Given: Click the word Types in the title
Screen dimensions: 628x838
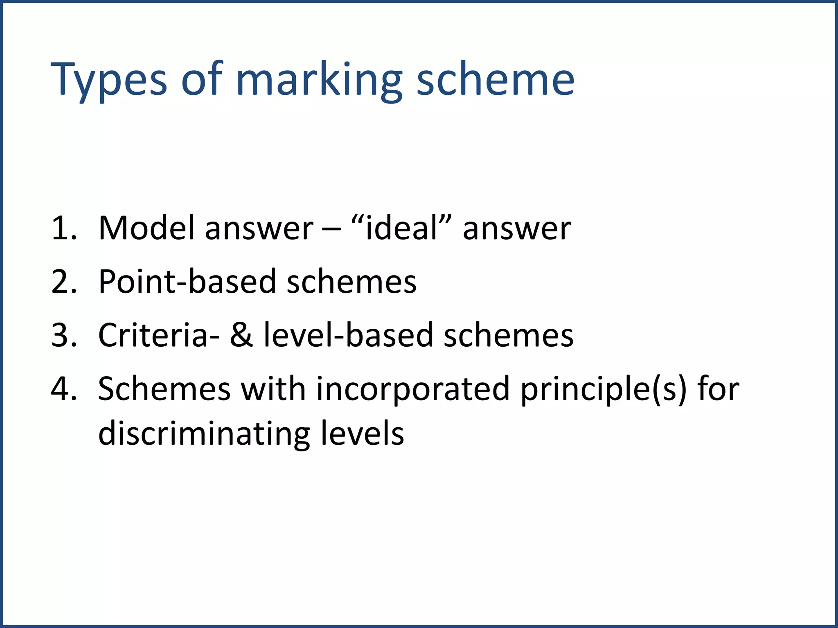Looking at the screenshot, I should [108, 80].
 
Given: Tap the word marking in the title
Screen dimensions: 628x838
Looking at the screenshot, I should [319, 80].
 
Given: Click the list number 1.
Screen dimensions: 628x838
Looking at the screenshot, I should [63, 228].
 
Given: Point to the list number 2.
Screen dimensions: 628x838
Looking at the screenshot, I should [63, 282].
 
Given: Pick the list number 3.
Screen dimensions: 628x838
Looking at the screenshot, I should [63, 335].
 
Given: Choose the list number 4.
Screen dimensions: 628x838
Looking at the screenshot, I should [63, 389].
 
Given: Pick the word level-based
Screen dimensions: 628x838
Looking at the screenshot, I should [348, 335].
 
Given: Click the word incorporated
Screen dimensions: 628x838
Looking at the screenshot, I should [413, 389].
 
